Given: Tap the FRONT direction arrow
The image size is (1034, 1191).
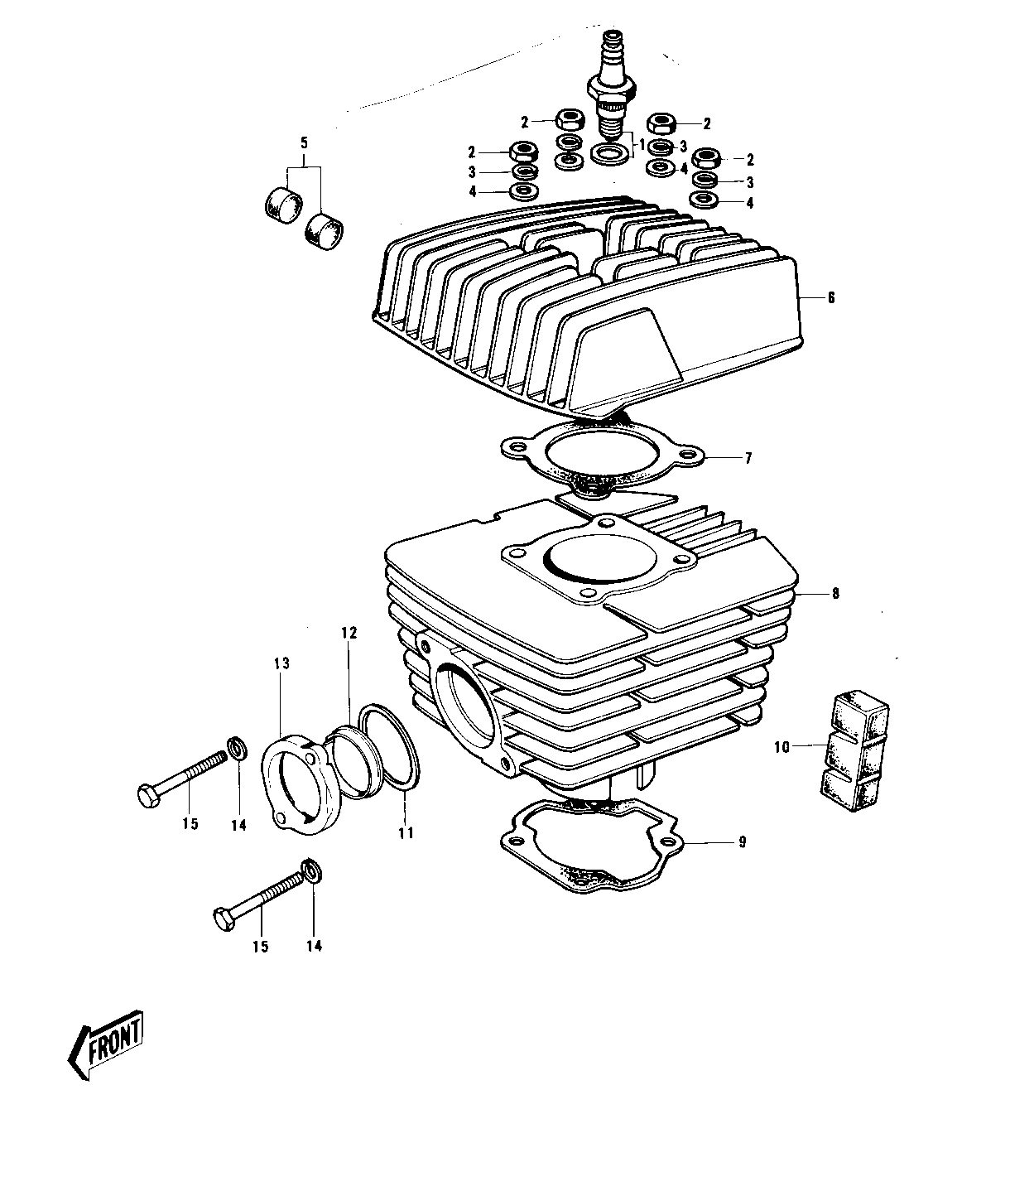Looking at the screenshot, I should point(105,1043).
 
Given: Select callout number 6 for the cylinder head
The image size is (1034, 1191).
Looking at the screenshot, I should point(830,298).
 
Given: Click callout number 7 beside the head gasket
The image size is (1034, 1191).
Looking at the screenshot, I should point(748,458).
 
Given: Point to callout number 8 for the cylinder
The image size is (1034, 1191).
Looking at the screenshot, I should point(835,593).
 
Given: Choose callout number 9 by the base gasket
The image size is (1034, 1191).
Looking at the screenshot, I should point(743,842).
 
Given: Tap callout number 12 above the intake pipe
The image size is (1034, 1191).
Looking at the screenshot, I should point(349,634).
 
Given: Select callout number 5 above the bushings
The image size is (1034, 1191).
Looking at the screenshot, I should point(304,143).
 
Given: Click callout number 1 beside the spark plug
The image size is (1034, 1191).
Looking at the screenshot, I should point(641,143).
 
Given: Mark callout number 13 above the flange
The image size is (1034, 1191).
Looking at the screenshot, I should point(282,663).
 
